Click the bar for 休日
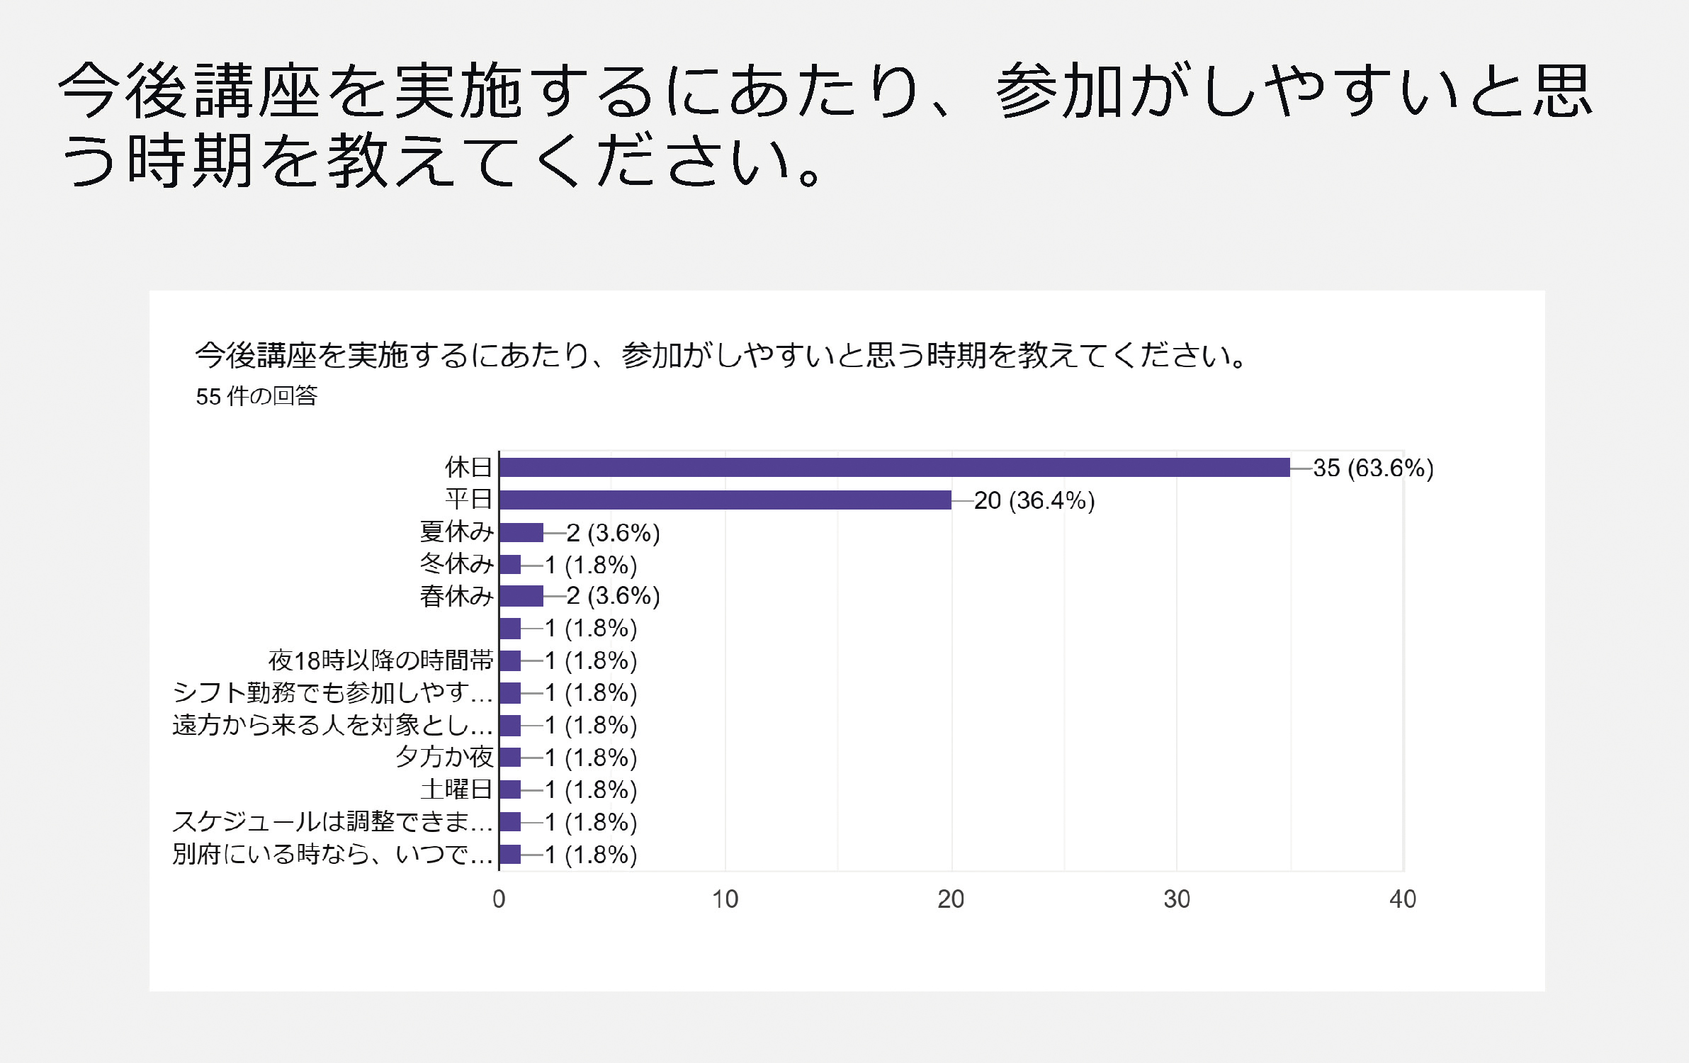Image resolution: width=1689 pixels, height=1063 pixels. [x=894, y=468]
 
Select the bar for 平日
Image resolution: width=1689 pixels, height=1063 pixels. [x=725, y=500]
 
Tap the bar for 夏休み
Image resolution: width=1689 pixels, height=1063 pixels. [x=521, y=532]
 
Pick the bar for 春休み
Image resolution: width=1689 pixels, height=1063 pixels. [x=521, y=596]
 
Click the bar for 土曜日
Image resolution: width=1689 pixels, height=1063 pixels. [x=510, y=789]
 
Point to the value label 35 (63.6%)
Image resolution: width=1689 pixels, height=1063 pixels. [x=1372, y=468]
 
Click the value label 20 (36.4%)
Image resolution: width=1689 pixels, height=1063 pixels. [x=1034, y=501]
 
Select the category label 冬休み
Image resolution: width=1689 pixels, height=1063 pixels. [x=456, y=564]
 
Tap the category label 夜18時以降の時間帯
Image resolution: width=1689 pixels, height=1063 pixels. [x=380, y=660]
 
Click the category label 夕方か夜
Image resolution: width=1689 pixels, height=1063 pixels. [x=444, y=757]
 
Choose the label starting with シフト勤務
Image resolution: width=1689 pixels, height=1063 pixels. [x=332, y=692]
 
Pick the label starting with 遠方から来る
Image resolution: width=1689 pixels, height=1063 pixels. [x=332, y=725]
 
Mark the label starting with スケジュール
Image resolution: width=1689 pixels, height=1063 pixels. [x=332, y=822]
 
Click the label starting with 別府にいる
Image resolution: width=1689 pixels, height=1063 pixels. [x=332, y=854]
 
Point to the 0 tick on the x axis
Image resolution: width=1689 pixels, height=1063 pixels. [x=499, y=899]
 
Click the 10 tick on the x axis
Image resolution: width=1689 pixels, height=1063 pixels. [x=725, y=899]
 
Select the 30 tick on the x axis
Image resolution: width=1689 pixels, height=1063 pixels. [x=1177, y=899]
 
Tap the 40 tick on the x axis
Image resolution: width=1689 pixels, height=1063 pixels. [x=1403, y=899]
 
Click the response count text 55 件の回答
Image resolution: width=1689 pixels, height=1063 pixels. [x=256, y=396]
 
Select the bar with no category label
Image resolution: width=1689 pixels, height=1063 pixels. [x=510, y=629]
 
